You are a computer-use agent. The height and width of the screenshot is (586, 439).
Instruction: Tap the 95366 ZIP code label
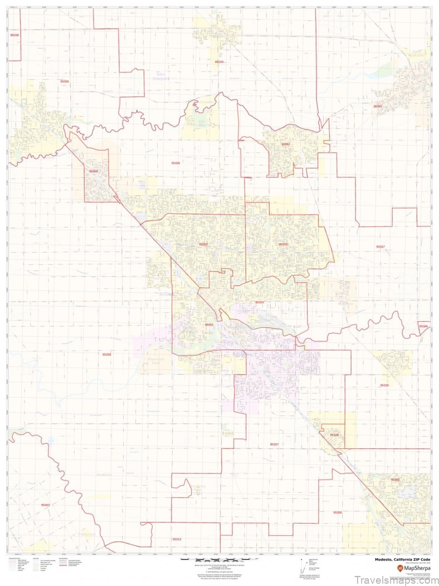[65, 81]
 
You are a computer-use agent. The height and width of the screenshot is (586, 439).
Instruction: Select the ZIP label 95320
[219, 62]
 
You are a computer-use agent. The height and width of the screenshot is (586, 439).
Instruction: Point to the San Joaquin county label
[160, 76]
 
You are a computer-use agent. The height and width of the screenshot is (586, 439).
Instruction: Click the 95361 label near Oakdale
[378, 106]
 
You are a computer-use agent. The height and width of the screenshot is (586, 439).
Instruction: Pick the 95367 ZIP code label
[286, 144]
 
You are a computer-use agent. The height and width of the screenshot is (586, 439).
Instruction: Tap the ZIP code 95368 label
[94, 171]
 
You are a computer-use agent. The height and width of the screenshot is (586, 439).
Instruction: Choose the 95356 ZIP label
[176, 163]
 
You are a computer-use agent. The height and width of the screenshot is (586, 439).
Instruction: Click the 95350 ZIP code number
[203, 244]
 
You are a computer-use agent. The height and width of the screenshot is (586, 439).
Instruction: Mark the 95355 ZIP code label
[284, 244]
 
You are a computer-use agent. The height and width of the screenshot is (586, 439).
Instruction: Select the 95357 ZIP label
[381, 246]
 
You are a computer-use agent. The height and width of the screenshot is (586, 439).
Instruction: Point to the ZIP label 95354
[260, 302]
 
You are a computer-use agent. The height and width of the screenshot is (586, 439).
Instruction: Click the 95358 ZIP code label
[106, 354]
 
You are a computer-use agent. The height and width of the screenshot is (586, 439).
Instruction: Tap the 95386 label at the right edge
[423, 326]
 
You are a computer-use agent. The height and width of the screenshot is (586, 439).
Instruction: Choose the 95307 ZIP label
[274, 444]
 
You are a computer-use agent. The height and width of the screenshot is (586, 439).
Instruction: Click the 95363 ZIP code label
[45, 505]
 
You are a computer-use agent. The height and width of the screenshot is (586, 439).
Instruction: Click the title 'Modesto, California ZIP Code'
[402, 559]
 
